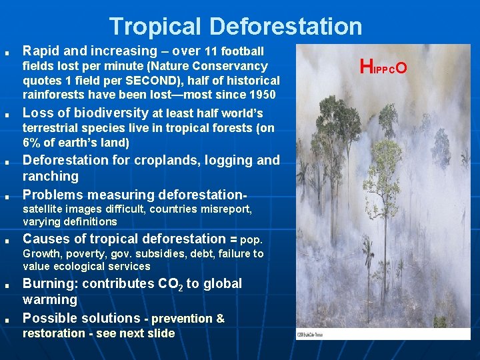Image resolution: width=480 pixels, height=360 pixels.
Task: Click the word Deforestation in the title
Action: pos(286,26)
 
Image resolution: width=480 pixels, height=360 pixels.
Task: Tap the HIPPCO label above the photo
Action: pos(383,66)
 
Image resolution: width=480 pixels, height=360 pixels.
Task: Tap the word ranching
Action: pos(51,176)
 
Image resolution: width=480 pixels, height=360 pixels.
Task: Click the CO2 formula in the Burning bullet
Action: pos(167,284)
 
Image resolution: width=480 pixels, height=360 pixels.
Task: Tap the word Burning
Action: pos(49,283)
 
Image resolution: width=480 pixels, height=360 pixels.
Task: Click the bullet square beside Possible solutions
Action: pos(6,320)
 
